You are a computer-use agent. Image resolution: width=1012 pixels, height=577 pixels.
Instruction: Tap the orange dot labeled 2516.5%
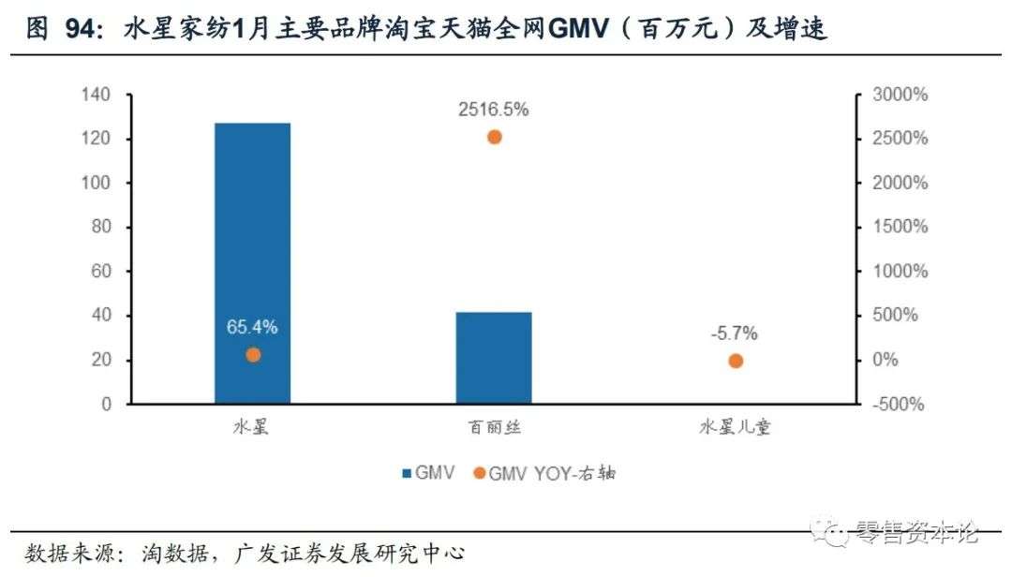coord(495,137)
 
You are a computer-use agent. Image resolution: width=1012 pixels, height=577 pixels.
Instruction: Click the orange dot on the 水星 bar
coord(252,355)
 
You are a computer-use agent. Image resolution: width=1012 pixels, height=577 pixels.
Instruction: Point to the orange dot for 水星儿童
coord(736,361)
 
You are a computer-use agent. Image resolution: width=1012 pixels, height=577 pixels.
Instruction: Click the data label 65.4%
coord(252,328)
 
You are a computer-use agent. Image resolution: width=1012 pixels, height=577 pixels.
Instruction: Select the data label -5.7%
coord(735,333)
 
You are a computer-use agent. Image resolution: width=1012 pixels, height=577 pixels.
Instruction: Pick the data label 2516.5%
coord(494,110)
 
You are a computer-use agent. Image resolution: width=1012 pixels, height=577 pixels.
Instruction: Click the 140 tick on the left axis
coord(97,95)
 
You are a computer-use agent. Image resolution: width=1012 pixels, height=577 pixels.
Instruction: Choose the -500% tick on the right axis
coord(898,405)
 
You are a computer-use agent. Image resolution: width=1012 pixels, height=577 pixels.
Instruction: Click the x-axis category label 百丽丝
coord(494,428)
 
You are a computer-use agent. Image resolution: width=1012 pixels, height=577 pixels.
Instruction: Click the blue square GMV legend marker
coord(406,473)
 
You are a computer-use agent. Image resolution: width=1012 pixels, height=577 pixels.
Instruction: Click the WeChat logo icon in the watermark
coord(828,533)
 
